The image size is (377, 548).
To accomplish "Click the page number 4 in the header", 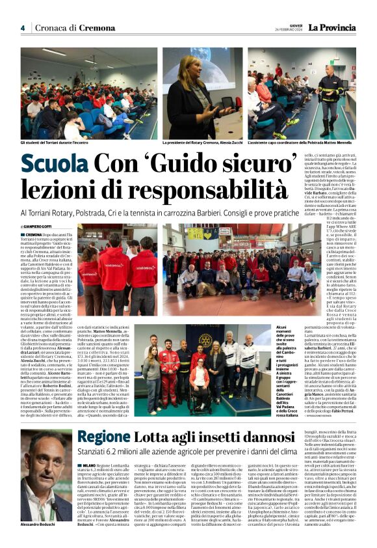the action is click(x=23, y=28).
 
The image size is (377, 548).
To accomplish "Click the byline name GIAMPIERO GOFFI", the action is click(x=43, y=226).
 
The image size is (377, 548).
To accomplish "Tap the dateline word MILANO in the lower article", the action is click(x=89, y=449).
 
